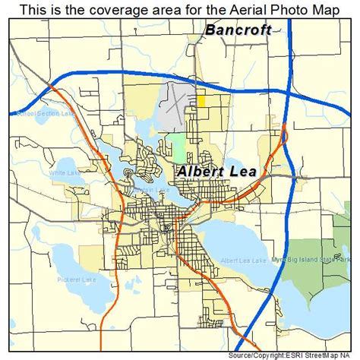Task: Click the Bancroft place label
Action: [x=238, y=32]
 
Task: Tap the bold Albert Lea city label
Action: [x=216, y=172]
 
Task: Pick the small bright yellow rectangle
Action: [x=201, y=99]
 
